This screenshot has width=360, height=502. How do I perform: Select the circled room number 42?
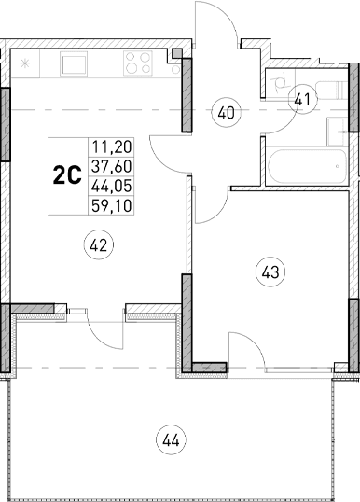coord(98,247)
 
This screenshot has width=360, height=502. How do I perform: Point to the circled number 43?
coord(270,272)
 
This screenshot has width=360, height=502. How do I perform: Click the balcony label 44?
coord(170,438)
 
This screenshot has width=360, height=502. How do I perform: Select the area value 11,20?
coord(111,145)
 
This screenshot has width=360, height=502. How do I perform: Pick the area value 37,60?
coord(111,165)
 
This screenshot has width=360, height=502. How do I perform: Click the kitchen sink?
coord(74,63)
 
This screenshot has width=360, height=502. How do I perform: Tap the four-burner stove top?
coord(140,63)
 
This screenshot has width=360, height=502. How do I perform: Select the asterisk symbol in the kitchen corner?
coord(25,63)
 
